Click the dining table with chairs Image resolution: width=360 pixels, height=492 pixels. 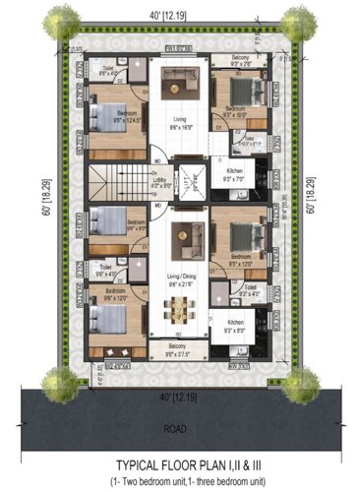(179, 308)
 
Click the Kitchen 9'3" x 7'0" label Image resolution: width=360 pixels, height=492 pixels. (237, 177)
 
